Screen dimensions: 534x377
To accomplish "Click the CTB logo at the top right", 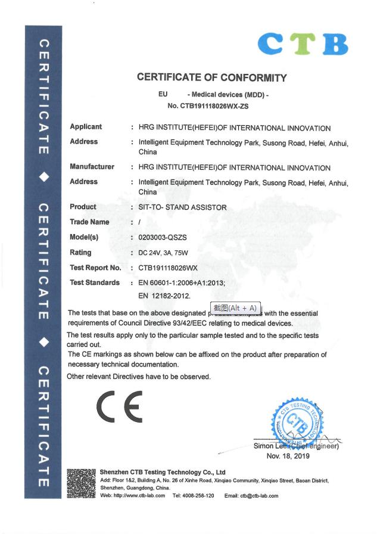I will pyautogui.click(x=303, y=44).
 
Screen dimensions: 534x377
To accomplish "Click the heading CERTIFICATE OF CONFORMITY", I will pyautogui.click(x=211, y=77).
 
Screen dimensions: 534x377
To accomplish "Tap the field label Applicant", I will pyautogui.click(x=86, y=127).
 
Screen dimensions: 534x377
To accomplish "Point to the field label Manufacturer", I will pyautogui.click(x=92, y=167).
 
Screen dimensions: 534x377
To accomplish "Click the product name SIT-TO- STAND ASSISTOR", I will pyautogui.click(x=182, y=207).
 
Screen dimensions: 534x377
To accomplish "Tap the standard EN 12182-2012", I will pyautogui.click(x=164, y=295).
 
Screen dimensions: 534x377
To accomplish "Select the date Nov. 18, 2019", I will pyautogui.click(x=288, y=456).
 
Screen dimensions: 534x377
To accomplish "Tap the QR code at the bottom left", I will pyautogui.click(x=81, y=483).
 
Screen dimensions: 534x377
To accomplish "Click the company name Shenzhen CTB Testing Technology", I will pyautogui.click(x=162, y=472).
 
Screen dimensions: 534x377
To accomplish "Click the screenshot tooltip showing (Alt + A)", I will pyautogui.click(x=235, y=308).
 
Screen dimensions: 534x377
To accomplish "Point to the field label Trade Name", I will pyautogui.click(x=89, y=222).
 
